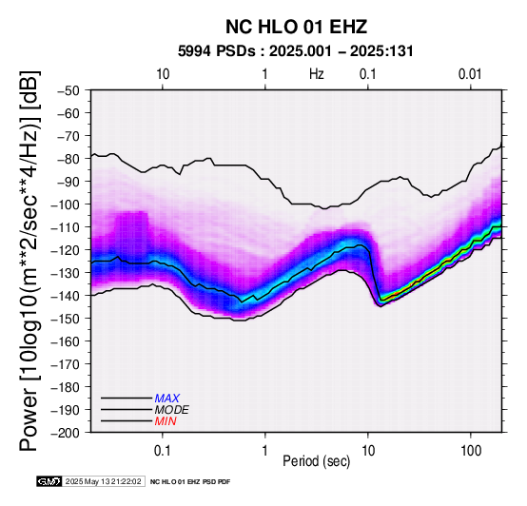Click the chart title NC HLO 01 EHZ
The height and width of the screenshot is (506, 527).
(x=296, y=27)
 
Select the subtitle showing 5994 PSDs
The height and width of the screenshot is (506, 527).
(x=296, y=51)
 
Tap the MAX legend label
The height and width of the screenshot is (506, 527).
(x=167, y=399)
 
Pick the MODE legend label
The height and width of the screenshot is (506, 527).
(x=172, y=410)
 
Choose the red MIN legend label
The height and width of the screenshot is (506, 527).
(x=166, y=421)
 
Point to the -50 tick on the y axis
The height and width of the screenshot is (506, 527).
(x=68, y=90)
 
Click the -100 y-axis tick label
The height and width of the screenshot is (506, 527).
(x=66, y=204)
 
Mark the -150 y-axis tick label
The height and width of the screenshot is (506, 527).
(x=66, y=319)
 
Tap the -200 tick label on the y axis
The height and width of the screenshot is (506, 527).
(x=66, y=433)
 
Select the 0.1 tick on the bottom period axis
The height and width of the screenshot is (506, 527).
(x=163, y=451)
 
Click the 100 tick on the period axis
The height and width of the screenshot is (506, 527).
(x=471, y=451)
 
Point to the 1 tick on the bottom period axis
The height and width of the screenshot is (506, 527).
(x=265, y=451)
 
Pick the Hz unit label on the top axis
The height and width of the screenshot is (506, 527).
(x=317, y=74)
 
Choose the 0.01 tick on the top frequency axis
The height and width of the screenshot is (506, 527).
(x=470, y=74)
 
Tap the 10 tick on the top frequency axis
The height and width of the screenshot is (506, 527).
(x=163, y=74)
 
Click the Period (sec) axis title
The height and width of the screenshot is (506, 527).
(x=317, y=461)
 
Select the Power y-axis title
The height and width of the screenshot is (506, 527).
(x=29, y=261)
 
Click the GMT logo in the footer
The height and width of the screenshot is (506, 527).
(x=49, y=481)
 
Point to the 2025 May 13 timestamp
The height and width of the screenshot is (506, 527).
(x=103, y=481)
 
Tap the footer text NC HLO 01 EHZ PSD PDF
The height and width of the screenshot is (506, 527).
(x=190, y=482)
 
